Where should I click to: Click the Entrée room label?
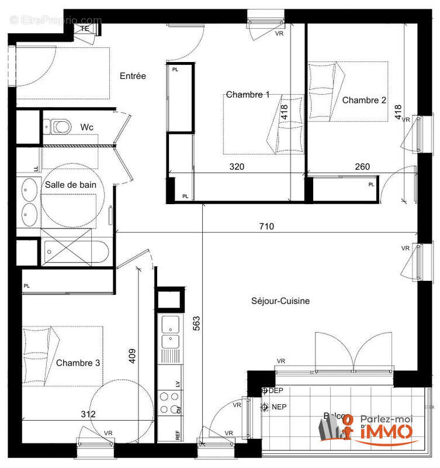(133, 76)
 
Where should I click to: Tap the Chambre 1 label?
(248, 95)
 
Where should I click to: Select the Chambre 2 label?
(364, 100)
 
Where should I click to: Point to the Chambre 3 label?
(78, 363)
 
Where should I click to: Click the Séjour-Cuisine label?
(280, 301)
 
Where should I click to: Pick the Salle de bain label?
(71, 184)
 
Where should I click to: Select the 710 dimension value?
(266, 226)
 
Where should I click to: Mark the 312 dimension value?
(89, 414)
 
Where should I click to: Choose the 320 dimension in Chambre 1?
(237, 167)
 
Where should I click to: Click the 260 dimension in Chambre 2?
(362, 167)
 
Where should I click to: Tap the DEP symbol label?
(275, 390)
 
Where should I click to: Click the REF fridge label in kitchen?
(178, 435)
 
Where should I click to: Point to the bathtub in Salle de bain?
(76, 252)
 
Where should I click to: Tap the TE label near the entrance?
(85, 27)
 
